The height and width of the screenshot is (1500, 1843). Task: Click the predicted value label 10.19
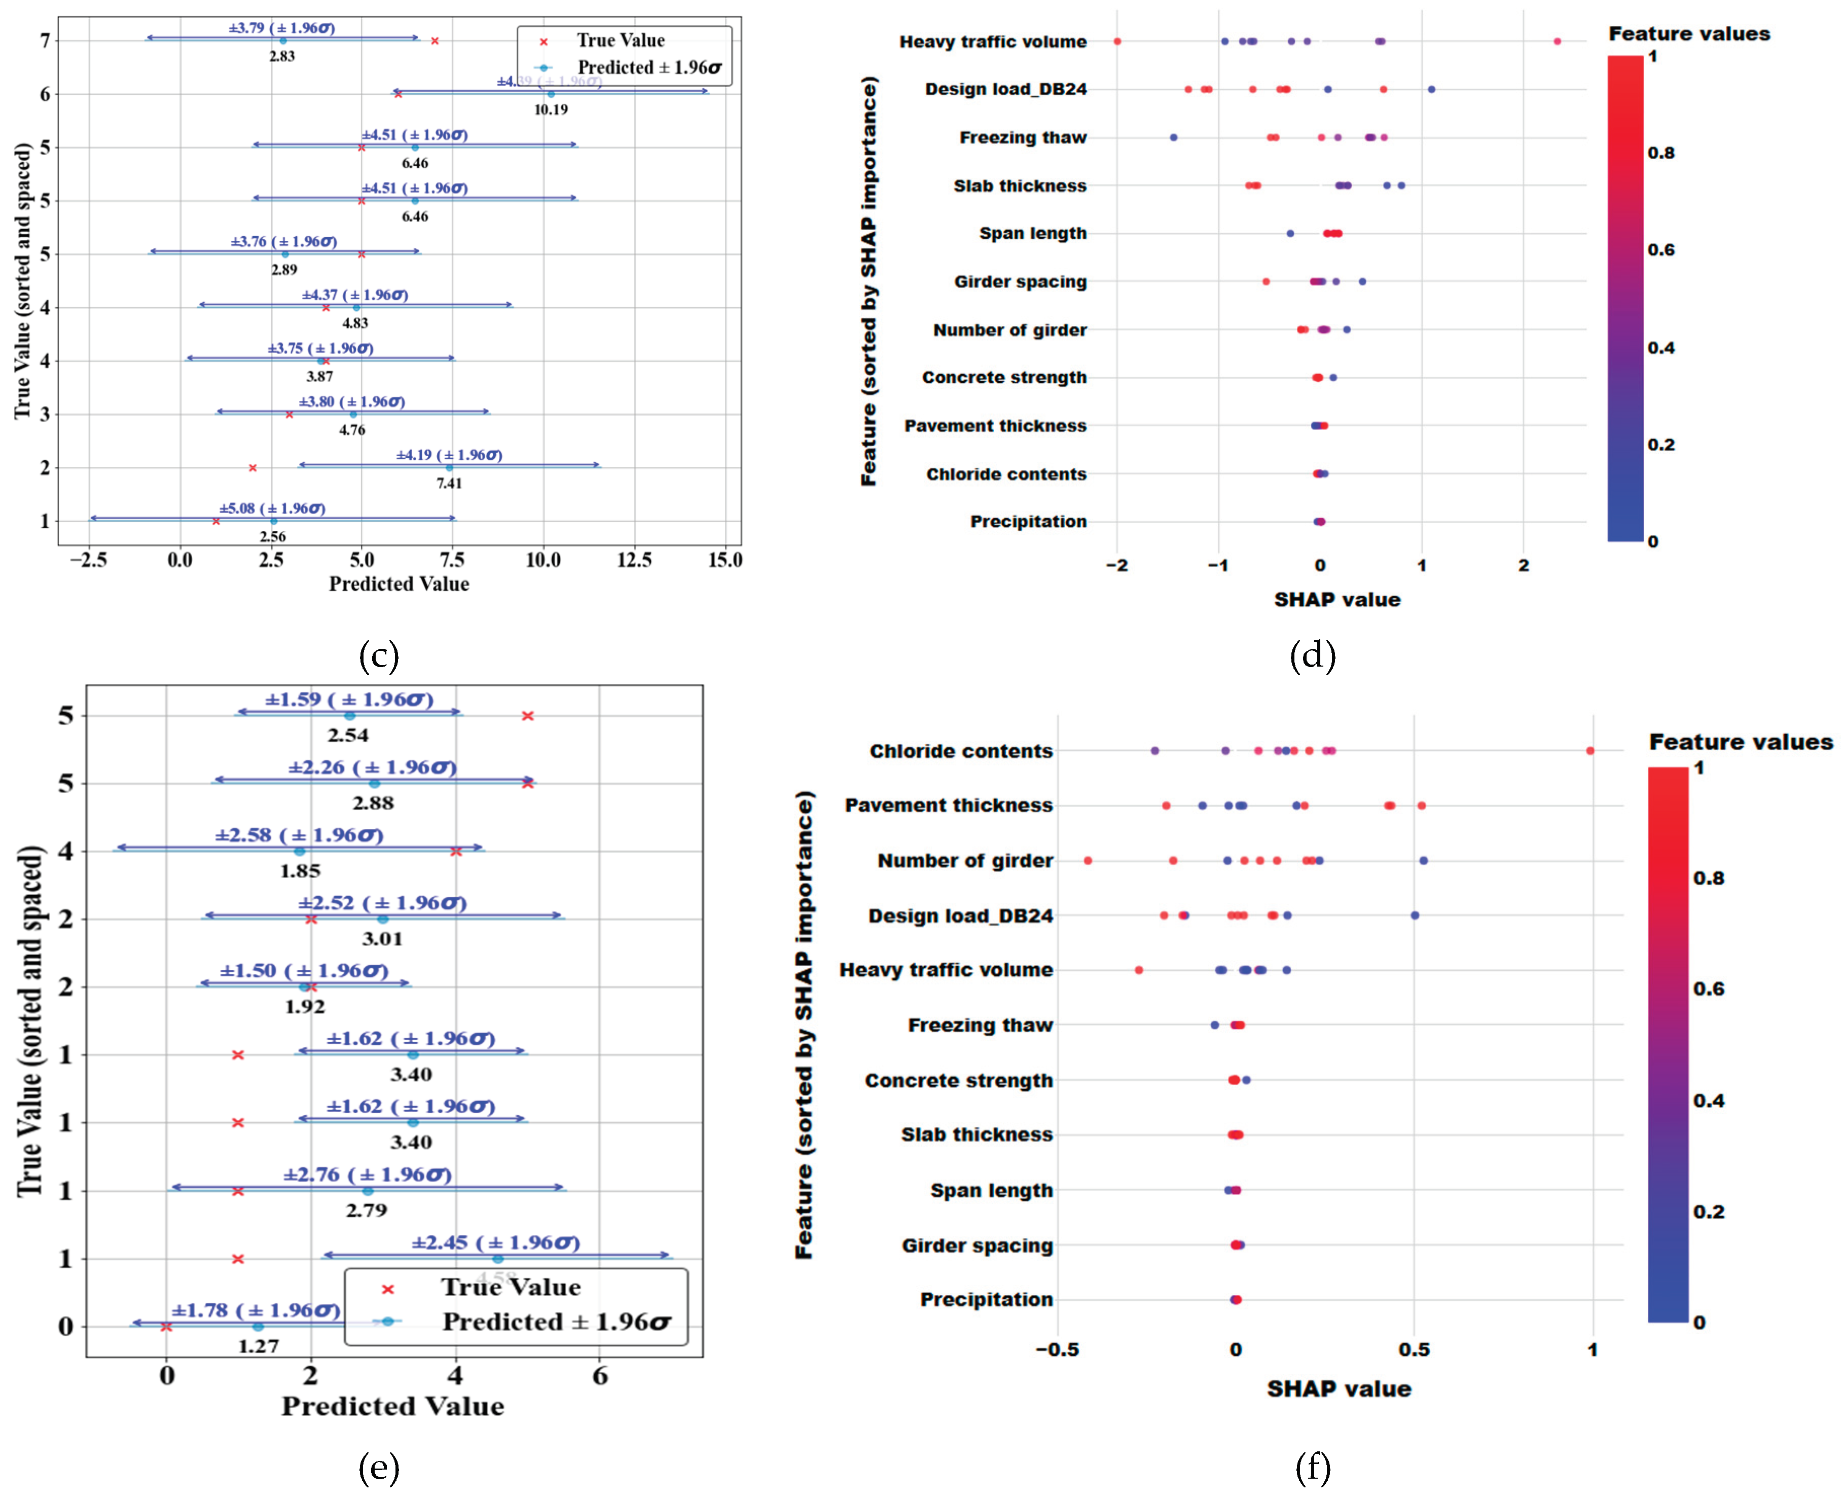click(x=551, y=109)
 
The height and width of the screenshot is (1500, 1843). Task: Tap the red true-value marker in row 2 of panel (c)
click(x=252, y=467)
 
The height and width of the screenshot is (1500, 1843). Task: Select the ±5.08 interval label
click(x=272, y=508)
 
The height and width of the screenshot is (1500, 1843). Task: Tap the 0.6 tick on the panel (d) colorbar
click(x=1660, y=250)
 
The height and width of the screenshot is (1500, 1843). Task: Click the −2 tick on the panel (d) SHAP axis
click(x=1116, y=565)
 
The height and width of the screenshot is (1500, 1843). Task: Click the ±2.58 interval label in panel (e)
click(x=299, y=835)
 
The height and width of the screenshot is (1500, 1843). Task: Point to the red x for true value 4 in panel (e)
click(x=456, y=851)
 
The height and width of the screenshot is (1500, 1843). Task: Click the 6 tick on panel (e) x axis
click(x=600, y=1376)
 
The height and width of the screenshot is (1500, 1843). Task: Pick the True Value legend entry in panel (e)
click(x=510, y=1288)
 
